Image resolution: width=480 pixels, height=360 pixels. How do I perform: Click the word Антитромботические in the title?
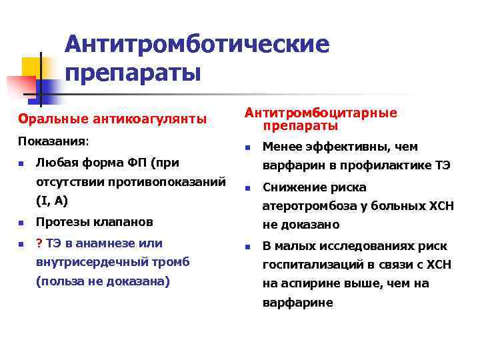click(197, 45)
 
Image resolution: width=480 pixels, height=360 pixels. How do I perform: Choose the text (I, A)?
click(52, 199)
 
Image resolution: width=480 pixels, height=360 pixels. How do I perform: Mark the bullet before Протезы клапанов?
click(22, 222)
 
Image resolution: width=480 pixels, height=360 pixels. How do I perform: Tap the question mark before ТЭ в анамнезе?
click(39, 243)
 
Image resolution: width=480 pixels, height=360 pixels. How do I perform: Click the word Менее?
click(281, 147)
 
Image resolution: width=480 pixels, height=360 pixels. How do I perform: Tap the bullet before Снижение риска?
click(246, 188)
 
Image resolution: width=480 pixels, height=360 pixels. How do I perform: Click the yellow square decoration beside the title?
click(32, 67)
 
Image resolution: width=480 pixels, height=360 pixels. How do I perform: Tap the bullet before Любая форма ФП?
click(22, 163)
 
